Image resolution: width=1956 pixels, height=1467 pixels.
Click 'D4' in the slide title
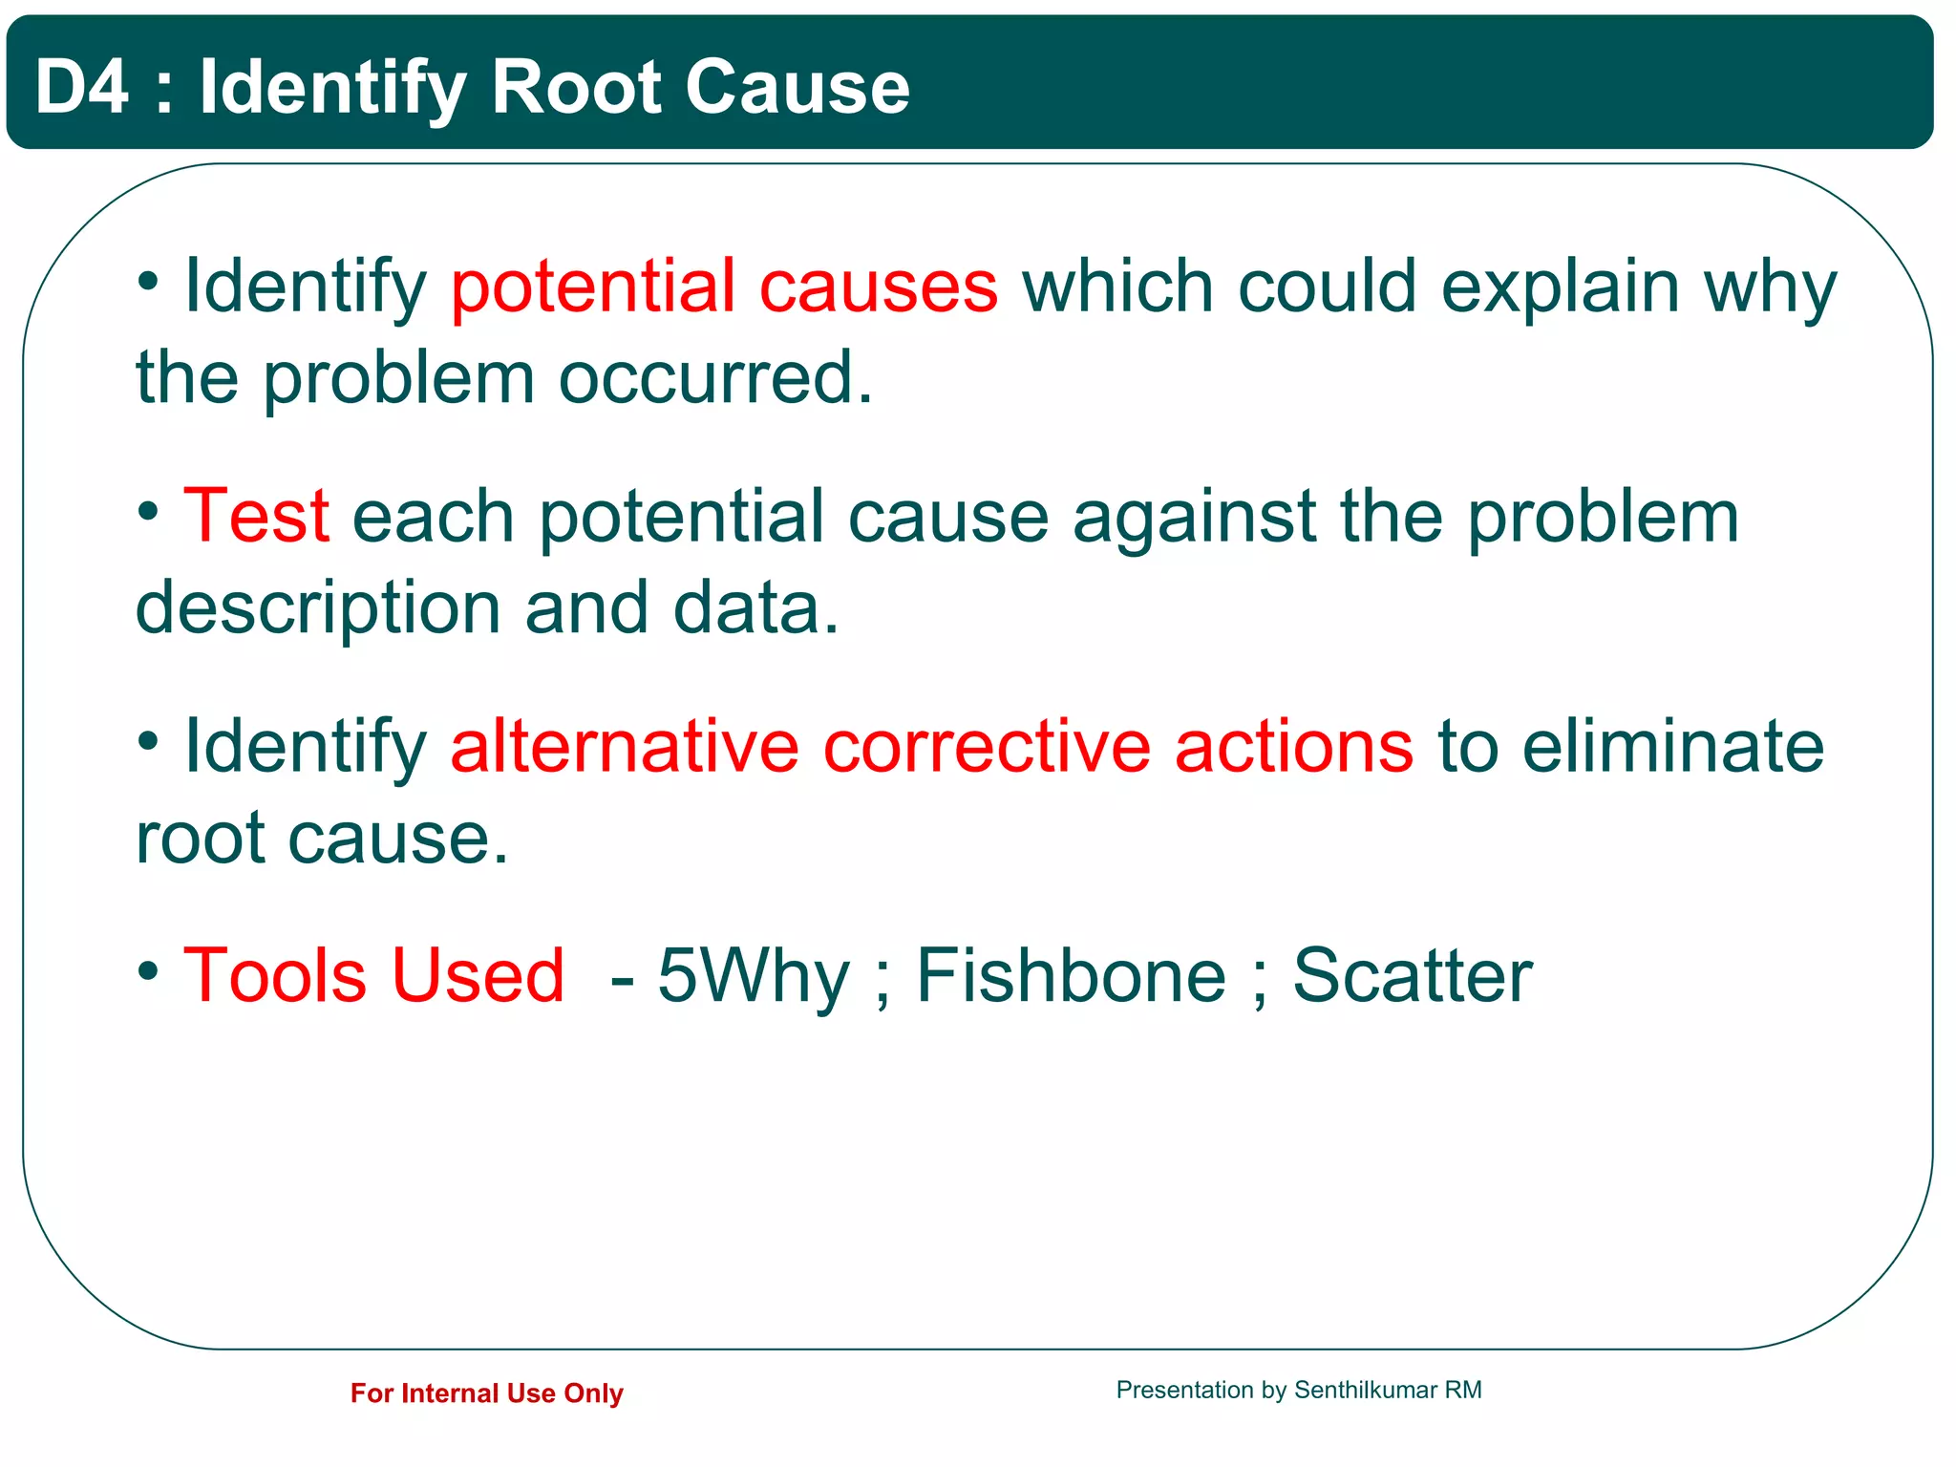coord(81,87)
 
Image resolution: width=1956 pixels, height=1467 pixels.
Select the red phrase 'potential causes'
coord(724,287)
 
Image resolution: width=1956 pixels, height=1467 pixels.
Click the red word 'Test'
coord(256,517)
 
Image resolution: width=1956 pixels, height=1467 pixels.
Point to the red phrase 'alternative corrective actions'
coord(931,747)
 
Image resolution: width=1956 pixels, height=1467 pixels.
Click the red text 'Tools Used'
coord(373,976)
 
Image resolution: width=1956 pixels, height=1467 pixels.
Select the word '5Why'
coord(754,976)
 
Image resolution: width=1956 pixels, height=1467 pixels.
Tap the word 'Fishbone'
coord(1071,976)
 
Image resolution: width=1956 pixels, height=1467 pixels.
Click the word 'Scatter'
coord(1412,976)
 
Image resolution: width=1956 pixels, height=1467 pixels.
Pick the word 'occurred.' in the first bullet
coord(715,378)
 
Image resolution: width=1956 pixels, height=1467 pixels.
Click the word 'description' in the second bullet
coord(318,608)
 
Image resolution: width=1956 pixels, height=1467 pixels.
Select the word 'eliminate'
coord(1672,747)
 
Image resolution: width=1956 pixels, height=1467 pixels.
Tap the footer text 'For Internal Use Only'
coord(486,1393)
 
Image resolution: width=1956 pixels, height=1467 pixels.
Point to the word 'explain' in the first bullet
coord(1560,287)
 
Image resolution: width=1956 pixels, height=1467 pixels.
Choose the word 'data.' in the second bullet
coord(755,608)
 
